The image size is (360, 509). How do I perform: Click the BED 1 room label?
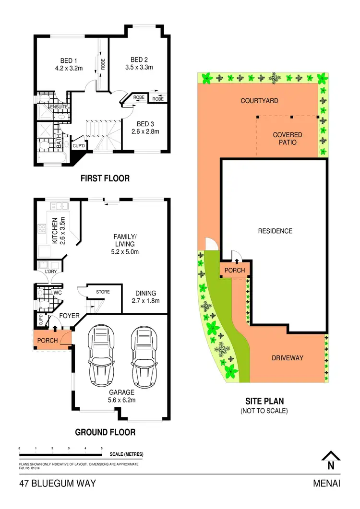pos(68,60)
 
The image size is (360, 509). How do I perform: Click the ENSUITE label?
pos(52,107)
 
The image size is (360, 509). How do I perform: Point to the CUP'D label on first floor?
pos(78,145)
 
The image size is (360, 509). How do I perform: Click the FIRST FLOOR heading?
pos(105,178)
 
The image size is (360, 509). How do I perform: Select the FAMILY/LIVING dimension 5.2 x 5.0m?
pos(125,252)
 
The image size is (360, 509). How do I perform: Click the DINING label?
pos(145,294)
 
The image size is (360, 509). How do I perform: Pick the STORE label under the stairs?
pos(103,292)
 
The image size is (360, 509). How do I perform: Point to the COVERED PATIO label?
pos(288,139)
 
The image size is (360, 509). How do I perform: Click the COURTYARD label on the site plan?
pos(259,101)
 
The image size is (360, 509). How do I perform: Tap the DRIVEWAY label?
pos(288,358)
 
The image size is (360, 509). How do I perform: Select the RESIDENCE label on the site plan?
pos(275,231)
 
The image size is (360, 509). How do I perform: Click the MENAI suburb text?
pos(326,484)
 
